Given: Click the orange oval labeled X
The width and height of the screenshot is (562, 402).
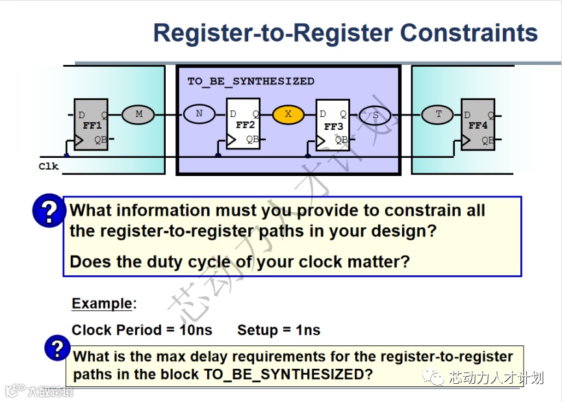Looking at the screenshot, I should pos(288,115).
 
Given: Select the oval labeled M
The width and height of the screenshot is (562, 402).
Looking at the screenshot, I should pos(138,114).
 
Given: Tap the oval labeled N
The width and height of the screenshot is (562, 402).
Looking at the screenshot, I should pos(199,114).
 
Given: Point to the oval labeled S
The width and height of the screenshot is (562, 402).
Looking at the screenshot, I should pos(376,116).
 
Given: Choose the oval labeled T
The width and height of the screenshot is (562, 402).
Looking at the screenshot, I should pos(438,114).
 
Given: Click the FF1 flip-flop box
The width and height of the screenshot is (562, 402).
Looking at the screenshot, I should pos(90,125).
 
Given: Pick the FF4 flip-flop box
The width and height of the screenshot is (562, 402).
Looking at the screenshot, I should pos(478,125).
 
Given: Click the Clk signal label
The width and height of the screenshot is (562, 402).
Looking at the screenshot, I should pos(49,166).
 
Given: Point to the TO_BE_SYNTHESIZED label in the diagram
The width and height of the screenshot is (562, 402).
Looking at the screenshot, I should pos(251,81).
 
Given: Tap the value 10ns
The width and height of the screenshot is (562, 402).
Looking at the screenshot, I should pos(196,330).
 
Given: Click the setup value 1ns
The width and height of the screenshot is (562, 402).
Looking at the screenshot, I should pos(308,330).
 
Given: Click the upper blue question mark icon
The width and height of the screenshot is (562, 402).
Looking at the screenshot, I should pos(49,211).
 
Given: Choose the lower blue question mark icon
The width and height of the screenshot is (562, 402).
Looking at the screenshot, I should pos(57,348).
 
